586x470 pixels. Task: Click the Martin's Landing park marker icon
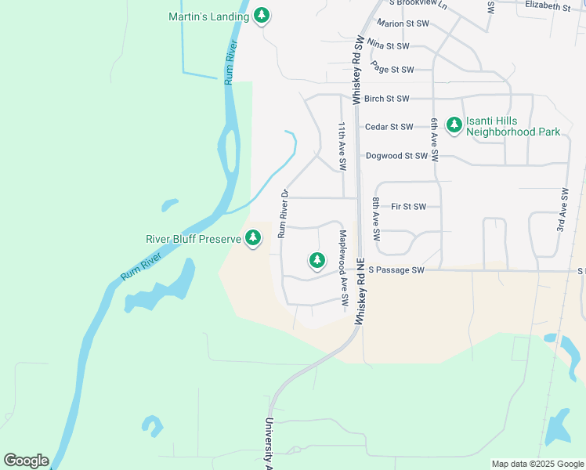[262, 16]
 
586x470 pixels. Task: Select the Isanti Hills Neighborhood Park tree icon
[454, 124]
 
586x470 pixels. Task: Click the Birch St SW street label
[388, 99]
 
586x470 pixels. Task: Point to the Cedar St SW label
[389, 127]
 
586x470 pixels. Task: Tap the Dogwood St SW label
[396, 156]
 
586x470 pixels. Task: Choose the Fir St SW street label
[408, 207]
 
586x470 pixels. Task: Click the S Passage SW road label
[396, 270]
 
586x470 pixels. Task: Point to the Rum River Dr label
[284, 214]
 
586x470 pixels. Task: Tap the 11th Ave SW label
[342, 146]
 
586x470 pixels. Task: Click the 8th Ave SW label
[376, 219]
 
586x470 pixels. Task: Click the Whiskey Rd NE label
[361, 298]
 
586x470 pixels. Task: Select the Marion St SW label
[402, 24]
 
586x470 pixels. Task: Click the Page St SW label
[392, 70]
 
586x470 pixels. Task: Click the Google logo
[26, 461]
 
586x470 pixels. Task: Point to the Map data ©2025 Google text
[537, 464]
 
